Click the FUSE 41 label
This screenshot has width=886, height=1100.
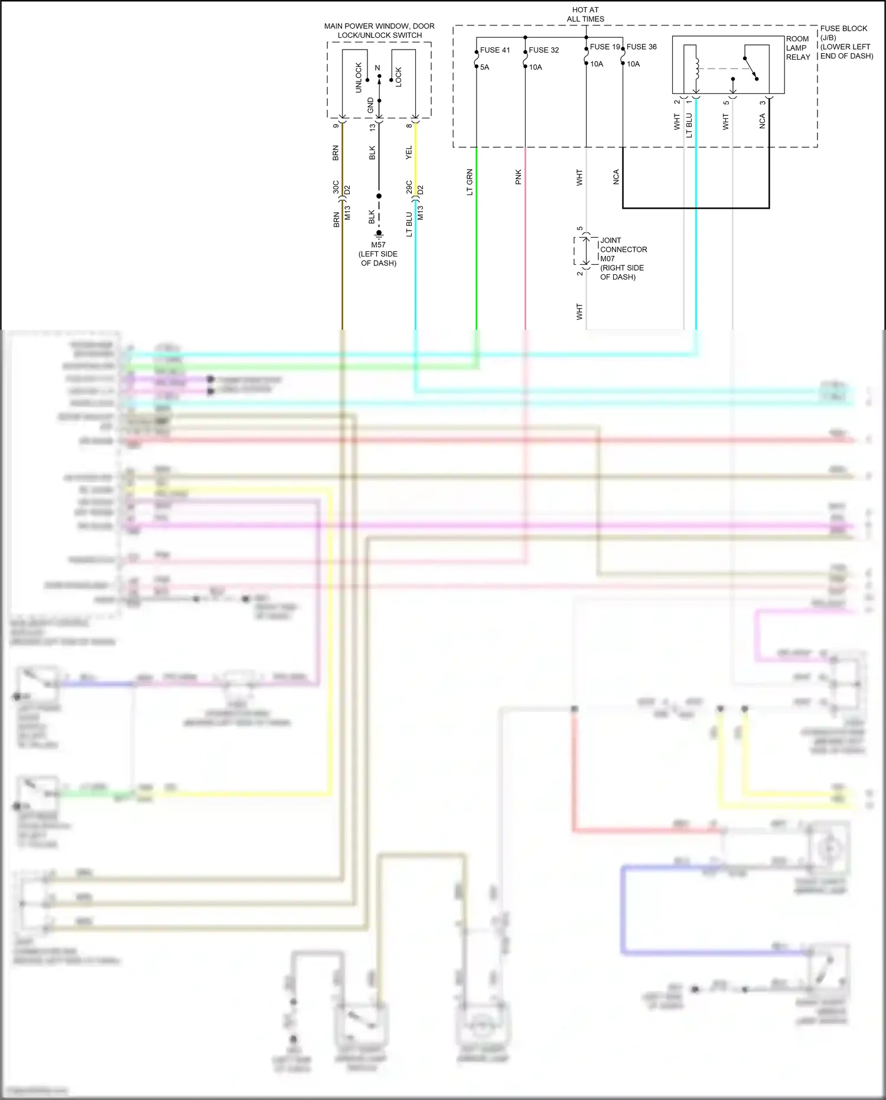pyautogui.click(x=494, y=50)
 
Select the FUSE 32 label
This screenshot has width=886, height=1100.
pyautogui.click(x=543, y=50)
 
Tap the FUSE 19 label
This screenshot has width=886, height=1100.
pyautogui.click(x=604, y=47)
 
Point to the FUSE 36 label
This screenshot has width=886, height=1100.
pyautogui.click(x=641, y=47)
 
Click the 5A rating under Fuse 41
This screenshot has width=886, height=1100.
pyautogui.click(x=484, y=67)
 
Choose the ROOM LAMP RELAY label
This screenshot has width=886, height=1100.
pyautogui.click(x=797, y=48)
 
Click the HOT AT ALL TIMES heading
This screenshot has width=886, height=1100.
pyautogui.click(x=585, y=14)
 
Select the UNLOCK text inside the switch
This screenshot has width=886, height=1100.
pyautogui.click(x=359, y=77)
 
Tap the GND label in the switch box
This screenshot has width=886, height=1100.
pyautogui.click(x=370, y=105)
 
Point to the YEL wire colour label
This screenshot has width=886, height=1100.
pyautogui.click(x=409, y=152)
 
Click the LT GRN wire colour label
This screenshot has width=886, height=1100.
pyautogui.click(x=470, y=182)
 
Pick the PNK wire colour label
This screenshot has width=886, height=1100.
pyautogui.click(x=518, y=177)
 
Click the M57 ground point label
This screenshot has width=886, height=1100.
pyautogui.click(x=378, y=245)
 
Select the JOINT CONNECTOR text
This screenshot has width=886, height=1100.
pyautogui.click(x=623, y=245)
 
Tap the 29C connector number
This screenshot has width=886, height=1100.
pyautogui.click(x=409, y=187)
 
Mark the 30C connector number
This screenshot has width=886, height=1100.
pyautogui.click(x=335, y=187)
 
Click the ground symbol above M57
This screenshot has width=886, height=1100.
pyautogui.click(x=379, y=233)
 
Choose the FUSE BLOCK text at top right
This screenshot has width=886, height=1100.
pyautogui.click(x=843, y=28)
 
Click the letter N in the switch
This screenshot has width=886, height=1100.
pyautogui.click(x=377, y=68)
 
